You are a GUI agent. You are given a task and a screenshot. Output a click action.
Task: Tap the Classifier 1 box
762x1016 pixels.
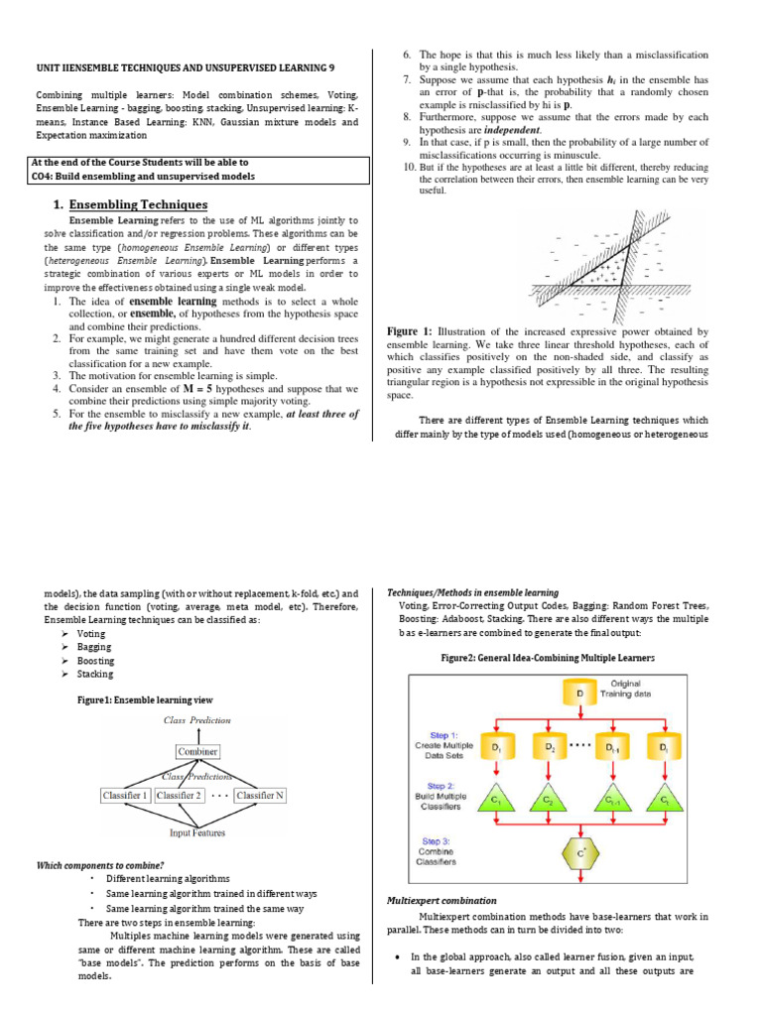125,795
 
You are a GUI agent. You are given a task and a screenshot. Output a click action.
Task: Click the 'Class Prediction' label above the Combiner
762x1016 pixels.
196,719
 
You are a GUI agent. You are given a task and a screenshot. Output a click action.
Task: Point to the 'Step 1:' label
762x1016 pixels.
438,734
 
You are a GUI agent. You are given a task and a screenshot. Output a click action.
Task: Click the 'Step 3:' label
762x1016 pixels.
438,840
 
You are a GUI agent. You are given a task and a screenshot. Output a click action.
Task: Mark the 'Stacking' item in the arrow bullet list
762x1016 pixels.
95,674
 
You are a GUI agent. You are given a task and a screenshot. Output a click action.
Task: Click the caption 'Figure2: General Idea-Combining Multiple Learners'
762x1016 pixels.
548,658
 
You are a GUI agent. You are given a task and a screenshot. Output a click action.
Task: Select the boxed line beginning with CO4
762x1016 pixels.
142,177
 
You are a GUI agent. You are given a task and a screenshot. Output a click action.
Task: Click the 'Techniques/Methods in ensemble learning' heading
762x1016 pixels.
472,592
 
